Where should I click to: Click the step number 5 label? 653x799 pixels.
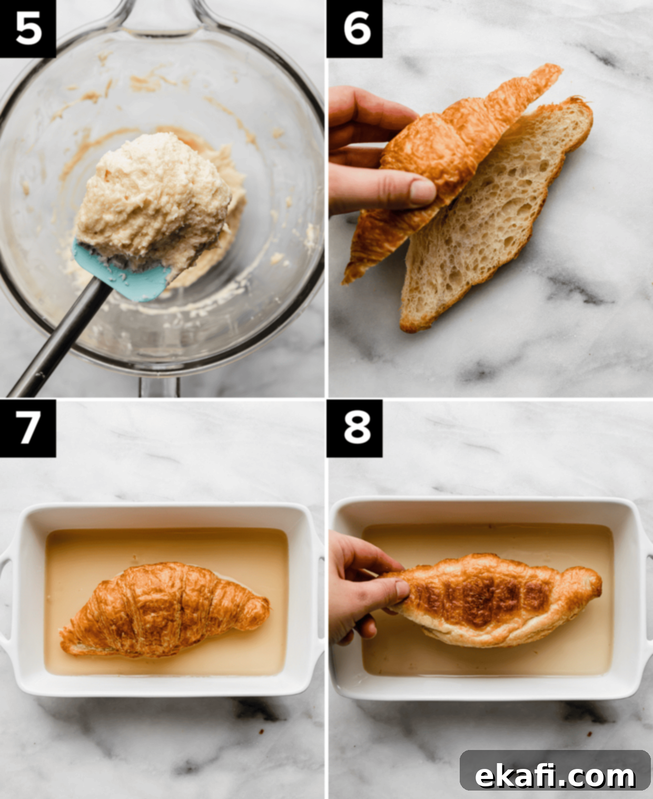click(28, 28)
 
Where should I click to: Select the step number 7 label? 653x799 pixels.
click(28, 428)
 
